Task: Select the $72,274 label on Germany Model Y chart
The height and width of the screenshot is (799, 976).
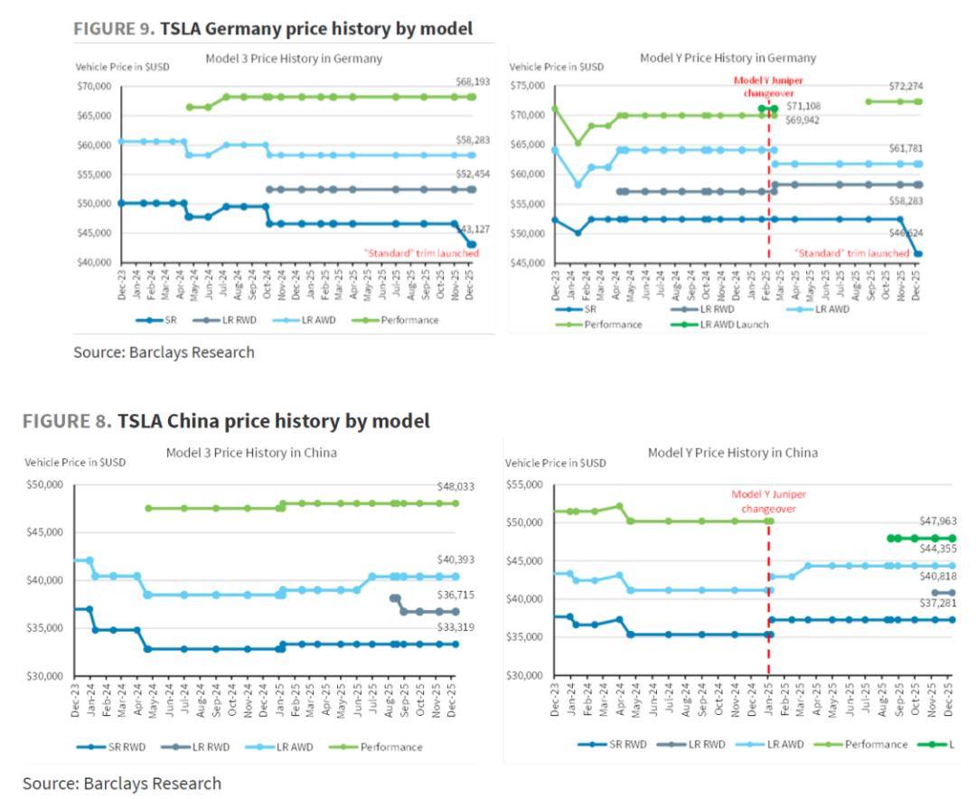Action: pyautogui.click(x=906, y=86)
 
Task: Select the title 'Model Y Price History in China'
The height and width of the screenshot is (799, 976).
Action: pyautogui.click(x=732, y=452)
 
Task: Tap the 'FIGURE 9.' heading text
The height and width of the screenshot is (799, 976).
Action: pyautogui.click(x=113, y=29)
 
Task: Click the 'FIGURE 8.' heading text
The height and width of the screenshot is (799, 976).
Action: pyautogui.click(x=68, y=421)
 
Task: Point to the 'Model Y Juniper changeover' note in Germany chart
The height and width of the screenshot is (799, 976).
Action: pyautogui.click(x=767, y=86)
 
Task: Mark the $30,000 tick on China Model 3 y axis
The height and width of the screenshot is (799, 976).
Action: pyautogui.click(x=44, y=676)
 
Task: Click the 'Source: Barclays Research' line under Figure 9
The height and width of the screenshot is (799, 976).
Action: pyautogui.click(x=164, y=352)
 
